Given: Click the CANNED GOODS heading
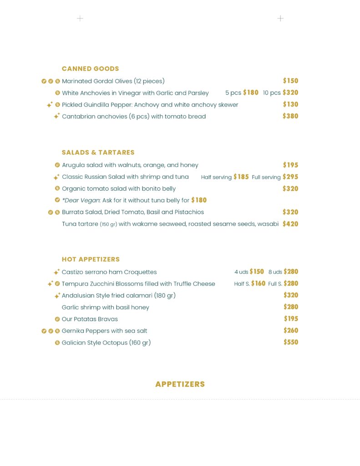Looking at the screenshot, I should point(90,69).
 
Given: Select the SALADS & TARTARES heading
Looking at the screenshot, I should point(98,152).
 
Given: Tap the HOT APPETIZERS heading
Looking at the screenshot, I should point(91,259).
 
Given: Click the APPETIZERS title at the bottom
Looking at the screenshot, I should point(180,384).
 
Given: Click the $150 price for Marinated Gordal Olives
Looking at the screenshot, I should point(290,81).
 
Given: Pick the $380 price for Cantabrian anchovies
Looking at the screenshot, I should point(290,116).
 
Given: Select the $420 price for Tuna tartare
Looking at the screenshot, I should point(290,224).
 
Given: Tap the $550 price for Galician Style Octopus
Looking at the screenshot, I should point(291,342).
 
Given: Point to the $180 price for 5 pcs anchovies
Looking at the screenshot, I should point(251,93).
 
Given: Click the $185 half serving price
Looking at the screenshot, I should point(241,177).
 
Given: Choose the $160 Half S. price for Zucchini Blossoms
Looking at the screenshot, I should point(258,284).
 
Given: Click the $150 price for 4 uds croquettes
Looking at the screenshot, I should point(257,272).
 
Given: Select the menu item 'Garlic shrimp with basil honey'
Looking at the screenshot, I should point(106,307).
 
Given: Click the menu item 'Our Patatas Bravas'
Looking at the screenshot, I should point(90,319).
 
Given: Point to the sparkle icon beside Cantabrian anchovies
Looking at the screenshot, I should point(56,116).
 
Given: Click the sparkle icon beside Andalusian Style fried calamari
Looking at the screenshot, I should point(57,296).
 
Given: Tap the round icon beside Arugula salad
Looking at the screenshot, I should point(57,165).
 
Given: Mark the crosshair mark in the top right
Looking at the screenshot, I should point(280,19).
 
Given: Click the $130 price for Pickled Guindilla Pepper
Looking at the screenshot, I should point(290,105).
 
